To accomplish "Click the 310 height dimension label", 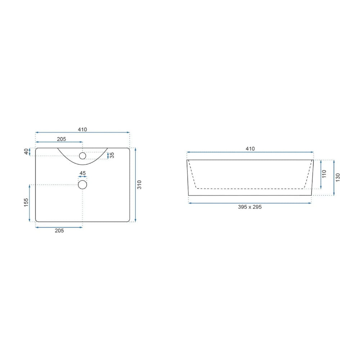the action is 139,185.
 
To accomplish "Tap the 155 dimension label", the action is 26,202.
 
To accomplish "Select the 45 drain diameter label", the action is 82,173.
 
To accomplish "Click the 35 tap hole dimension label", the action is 112,155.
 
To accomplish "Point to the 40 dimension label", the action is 26,152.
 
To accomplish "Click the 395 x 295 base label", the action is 250,207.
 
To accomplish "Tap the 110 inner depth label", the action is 324,174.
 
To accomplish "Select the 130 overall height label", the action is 338,177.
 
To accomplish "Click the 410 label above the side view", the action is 250,149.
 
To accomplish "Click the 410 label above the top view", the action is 82,130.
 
